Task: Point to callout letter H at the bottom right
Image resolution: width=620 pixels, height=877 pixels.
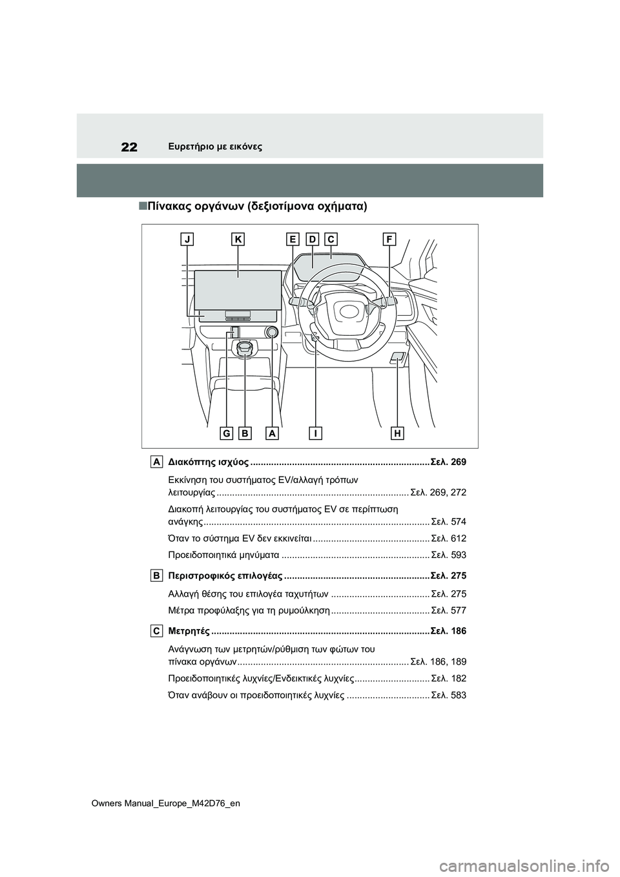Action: click(397, 433)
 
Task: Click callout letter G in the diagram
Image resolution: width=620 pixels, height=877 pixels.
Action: click(226, 433)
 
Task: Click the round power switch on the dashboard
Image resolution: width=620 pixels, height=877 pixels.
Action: click(271, 333)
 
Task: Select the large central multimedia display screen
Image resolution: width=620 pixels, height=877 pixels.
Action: click(238, 289)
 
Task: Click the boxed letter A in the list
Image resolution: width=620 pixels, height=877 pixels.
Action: click(157, 461)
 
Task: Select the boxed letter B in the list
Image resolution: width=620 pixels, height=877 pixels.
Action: click(157, 574)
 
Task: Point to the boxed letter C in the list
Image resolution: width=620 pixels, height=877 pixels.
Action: click(157, 630)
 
